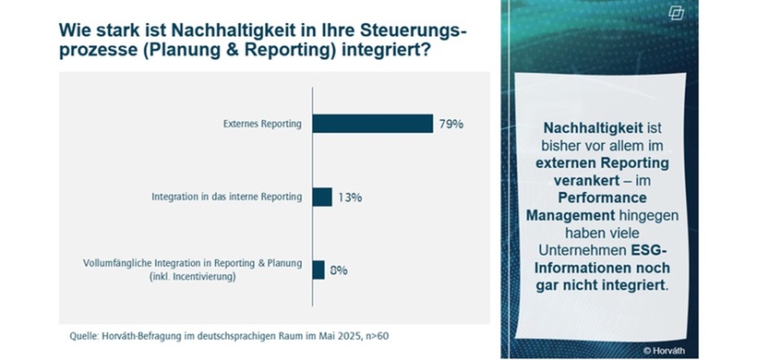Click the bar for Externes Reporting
pos(372,124)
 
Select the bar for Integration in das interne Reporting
pos(322,197)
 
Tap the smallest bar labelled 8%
pos(318,270)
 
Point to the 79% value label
pos(451,124)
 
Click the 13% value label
pos(349,197)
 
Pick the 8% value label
pos(338,270)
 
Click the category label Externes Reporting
pos(263,124)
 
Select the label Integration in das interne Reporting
pos(226,197)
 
